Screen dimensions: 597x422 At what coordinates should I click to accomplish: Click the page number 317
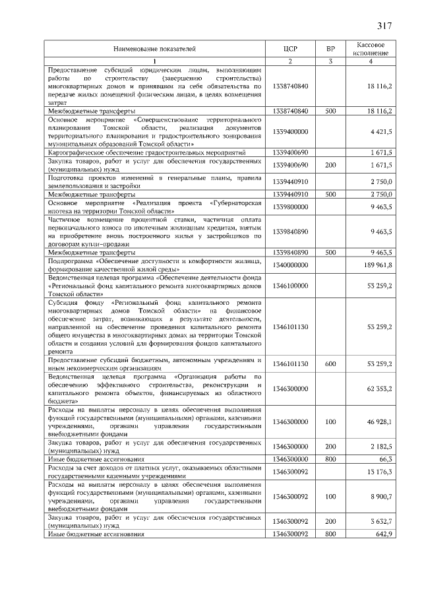click(384, 26)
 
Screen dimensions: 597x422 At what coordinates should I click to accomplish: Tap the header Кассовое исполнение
click(371, 48)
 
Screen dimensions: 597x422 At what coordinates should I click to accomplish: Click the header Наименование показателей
click(154, 48)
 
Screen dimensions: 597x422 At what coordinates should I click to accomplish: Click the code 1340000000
click(290, 265)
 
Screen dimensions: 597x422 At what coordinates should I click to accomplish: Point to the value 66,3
click(385, 457)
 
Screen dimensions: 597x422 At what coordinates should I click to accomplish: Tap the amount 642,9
click(383, 534)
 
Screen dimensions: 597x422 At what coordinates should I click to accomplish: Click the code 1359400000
click(290, 132)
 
